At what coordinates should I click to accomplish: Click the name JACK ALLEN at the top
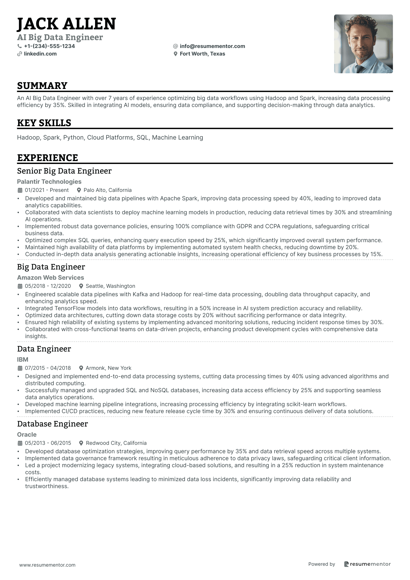click(66, 24)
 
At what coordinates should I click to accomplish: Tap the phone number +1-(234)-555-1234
click(49, 46)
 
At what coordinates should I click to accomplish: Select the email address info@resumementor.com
click(212, 46)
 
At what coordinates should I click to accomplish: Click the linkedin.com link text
click(40, 54)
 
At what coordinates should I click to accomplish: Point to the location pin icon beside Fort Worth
click(175, 54)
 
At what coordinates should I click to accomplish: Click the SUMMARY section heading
click(42, 86)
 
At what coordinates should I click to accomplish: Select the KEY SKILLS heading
click(44, 123)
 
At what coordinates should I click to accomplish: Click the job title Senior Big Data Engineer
click(64, 171)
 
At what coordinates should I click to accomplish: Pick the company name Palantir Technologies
click(49, 182)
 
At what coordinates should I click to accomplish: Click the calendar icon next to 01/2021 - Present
click(20, 190)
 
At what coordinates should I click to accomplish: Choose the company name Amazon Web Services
click(50, 278)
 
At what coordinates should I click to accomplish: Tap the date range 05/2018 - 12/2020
click(48, 286)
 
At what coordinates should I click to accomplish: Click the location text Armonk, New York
click(108, 368)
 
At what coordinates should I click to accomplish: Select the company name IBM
click(23, 360)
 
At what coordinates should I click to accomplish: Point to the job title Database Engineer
click(52, 424)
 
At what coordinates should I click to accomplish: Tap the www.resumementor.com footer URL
click(47, 565)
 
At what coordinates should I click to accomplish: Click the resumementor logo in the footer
click(367, 564)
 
